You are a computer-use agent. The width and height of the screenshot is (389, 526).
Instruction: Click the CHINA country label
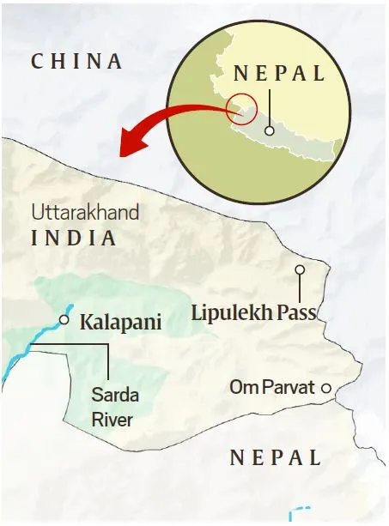coord(76,61)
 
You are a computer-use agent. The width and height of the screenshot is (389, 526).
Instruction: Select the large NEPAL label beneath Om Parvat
coord(276,457)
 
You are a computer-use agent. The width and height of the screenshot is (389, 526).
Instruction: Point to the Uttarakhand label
coord(85,213)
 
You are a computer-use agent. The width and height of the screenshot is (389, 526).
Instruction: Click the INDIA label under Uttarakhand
coord(74,238)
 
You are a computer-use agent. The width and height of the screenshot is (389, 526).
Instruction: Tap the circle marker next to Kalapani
coord(64,320)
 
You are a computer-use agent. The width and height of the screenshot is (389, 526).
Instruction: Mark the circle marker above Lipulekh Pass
coord(300,269)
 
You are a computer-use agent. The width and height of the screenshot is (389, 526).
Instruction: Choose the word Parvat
coord(286,388)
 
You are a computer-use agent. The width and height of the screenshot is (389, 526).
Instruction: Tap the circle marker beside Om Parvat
coord(326,389)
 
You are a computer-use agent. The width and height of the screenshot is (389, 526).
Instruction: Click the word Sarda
coord(114,396)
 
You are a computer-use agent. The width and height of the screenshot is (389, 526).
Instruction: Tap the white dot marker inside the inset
coord(270,131)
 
